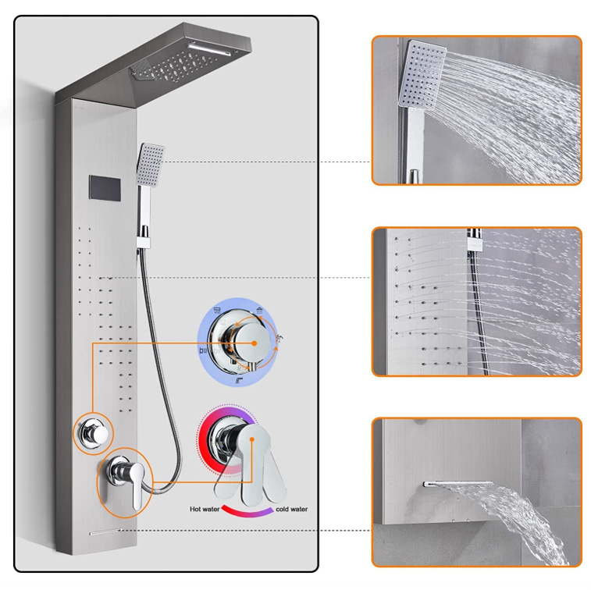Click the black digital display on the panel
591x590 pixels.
pyautogui.click(x=105, y=187)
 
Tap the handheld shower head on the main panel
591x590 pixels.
pyautogui.click(x=151, y=165)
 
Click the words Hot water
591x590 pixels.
pyautogui.click(x=205, y=509)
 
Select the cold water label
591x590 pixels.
pyautogui.click(x=291, y=509)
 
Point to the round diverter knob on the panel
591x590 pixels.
pyautogui.click(x=94, y=434)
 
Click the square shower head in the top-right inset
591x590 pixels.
pyautogui.click(x=422, y=74)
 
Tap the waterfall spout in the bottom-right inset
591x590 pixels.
pyautogui.click(x=457, y=483)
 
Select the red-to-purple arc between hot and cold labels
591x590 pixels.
pyautogui.click(x=247, y=512)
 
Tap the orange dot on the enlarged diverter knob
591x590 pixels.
pyautogui.click(x=254, y=343)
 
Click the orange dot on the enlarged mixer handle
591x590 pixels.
pyautogui.click(x=252, y=439)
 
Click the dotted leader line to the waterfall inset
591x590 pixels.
pyautogui.click(x=245, y=531)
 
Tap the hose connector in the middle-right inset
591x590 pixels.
pyautogui.click(x=475, y=240)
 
